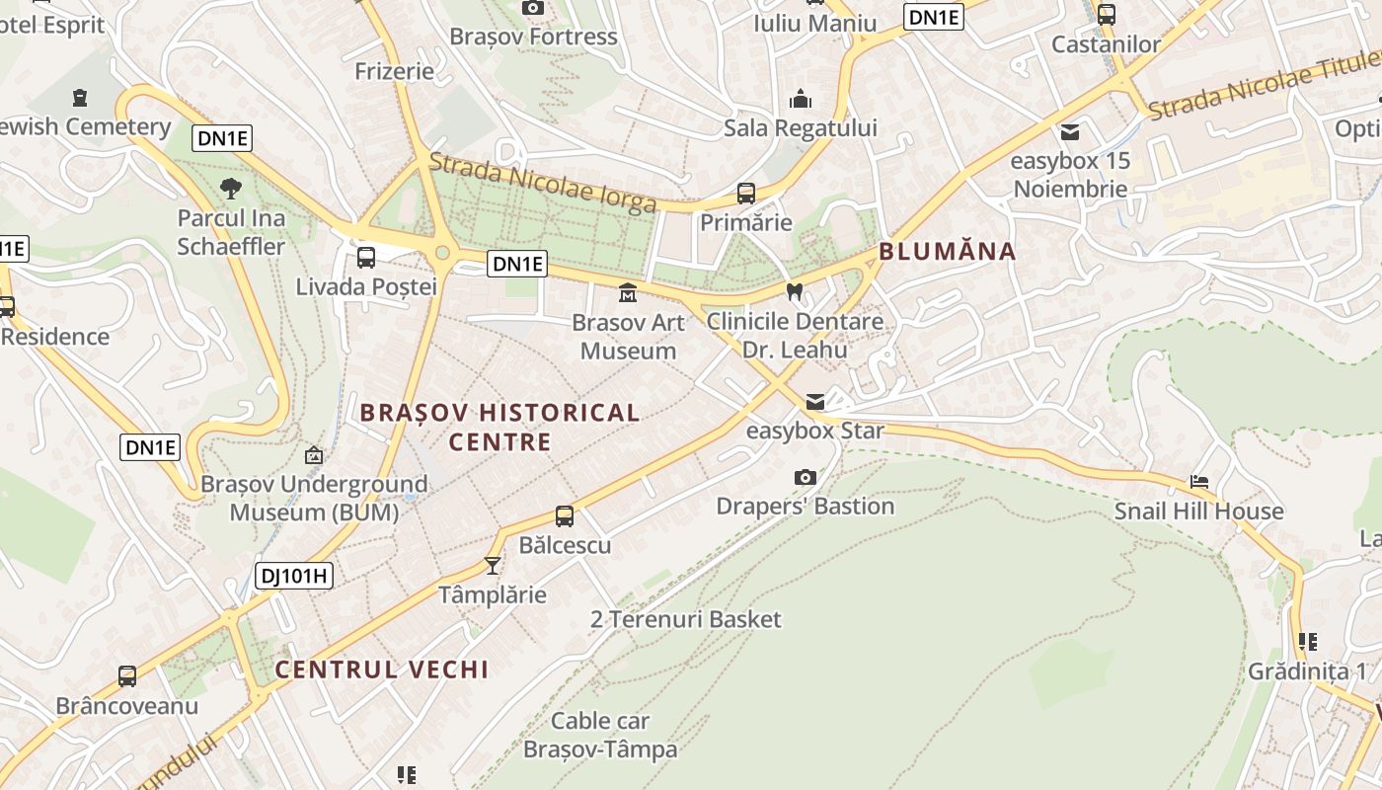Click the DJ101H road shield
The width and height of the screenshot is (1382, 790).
point(293,576)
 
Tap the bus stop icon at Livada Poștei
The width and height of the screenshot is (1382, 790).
point(366,258)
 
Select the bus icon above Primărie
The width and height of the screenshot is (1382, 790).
point(746,194)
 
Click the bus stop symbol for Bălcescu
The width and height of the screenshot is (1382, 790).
point(565,515)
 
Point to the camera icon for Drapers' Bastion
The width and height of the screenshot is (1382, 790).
point(806,478)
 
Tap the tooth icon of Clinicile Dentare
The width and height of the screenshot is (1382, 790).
point(794,292)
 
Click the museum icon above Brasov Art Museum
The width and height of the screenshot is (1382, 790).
point(627,293)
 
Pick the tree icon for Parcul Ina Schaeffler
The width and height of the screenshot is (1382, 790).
point(231,188)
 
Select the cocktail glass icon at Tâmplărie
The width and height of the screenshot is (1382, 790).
point(492,566)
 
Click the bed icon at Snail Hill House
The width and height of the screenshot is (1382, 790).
point(1199,482)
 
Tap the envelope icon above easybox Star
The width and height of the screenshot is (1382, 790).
point(815,402)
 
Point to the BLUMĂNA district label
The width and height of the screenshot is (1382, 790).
point(947,251)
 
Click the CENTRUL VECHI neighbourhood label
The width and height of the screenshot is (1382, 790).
point(382,670)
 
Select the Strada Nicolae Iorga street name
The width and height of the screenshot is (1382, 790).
point(543,183)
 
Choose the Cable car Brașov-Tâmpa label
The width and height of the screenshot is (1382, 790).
point(600,735)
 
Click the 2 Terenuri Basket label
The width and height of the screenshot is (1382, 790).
point(685,620)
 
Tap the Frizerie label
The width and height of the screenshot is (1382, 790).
point(394,71)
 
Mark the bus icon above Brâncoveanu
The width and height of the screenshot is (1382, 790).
point(127,676)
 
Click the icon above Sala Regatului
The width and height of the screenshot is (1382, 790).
point(800,99)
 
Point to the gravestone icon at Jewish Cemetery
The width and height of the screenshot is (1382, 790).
point(80,98)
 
